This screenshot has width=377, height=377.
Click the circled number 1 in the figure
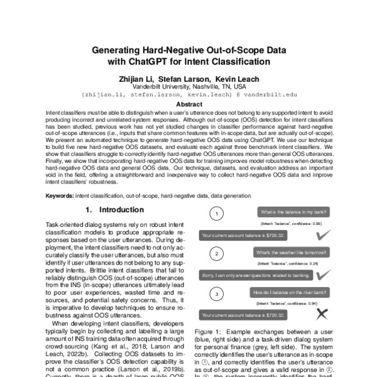click(x=216, y=214)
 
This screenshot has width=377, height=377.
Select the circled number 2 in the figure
click(x=216, y=254)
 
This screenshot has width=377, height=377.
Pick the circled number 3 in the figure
click(x=216, y=293)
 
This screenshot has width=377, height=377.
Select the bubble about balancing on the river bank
click(x=289, y=293)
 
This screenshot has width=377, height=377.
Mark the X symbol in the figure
click(x=323, y=314)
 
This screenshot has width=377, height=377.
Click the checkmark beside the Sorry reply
click(x=324, y=275)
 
